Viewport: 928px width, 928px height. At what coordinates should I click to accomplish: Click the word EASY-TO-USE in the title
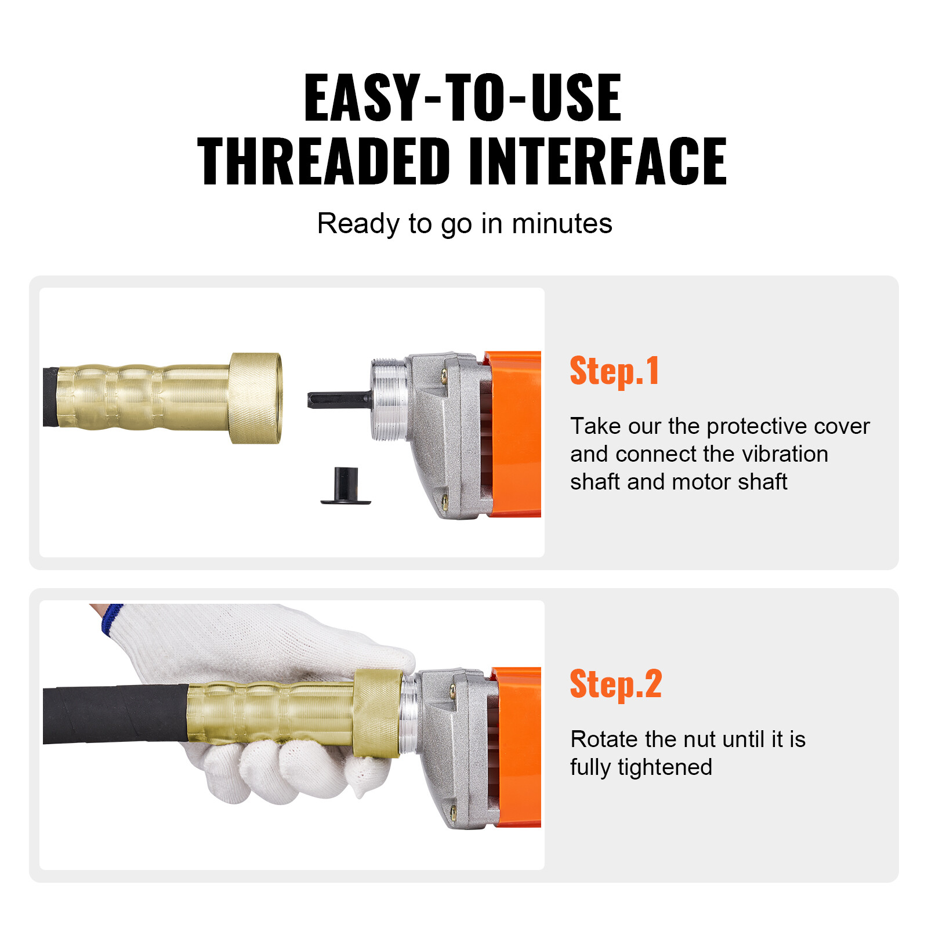click(x=462, y=99)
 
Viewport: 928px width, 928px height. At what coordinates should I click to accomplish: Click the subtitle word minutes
click(x=561, y=224)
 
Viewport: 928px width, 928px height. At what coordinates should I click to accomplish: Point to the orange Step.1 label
click(x=614, y=371)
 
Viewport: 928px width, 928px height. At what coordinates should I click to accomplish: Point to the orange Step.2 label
click(x=615, y=684)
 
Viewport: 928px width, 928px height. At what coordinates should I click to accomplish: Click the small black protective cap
click(x=346, y=487)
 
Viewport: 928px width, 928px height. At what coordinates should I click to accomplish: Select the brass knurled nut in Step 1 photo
click(x=256, y=398)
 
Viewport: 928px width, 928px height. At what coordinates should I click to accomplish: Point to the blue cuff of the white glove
click(x=111, y=619)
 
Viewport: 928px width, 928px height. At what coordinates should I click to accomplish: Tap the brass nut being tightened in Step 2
click(x=378, y=713)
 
